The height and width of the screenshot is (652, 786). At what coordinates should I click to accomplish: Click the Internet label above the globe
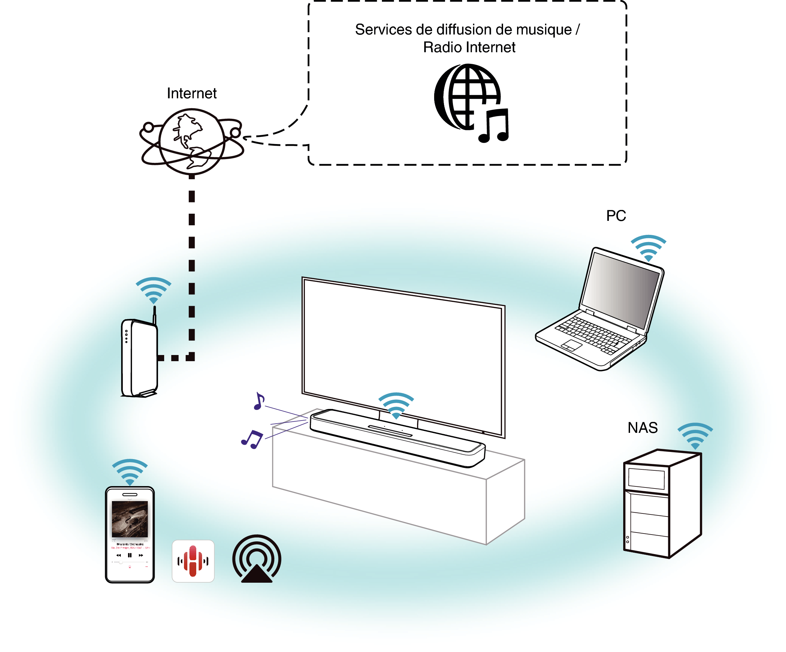pos(191,93)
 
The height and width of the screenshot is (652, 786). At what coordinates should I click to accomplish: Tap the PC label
pos(616,216)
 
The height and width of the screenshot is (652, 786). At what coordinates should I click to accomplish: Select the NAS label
pos(642,428)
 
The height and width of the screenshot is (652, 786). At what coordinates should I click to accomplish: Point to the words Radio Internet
pos(469,47)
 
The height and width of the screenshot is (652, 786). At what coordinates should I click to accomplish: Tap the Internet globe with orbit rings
pos(191,141)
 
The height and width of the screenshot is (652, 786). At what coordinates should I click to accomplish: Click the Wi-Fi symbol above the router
pos(153,290)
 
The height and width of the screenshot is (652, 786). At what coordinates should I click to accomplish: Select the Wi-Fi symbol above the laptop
pos(648,247)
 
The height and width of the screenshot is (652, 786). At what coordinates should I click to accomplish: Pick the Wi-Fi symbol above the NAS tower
pos(695,436)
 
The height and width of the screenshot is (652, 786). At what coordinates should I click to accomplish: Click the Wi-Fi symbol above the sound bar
pos(396,405)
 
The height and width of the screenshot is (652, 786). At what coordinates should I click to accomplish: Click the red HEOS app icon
pos(193,561)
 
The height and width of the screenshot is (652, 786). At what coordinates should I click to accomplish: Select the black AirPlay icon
pos(257,559)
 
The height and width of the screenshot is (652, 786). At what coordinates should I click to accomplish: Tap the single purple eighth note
pos(259,401)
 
